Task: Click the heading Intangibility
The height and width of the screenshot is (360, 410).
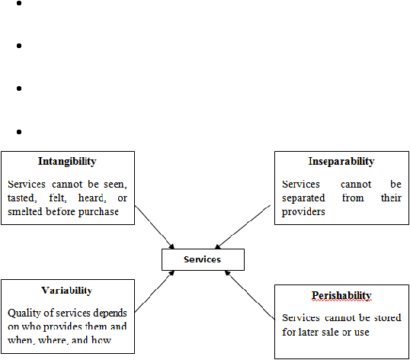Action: coord(67,162)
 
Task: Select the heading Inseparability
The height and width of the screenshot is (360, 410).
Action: coord(341,162)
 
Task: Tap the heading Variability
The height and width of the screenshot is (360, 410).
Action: coord(66,291)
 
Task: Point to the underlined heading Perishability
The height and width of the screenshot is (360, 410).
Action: coord(341,295)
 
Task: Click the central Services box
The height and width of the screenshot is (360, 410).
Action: coord(203,259)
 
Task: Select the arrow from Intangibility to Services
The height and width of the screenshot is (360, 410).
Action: coord(154,227)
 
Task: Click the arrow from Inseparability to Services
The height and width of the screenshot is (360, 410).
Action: coord(242,227)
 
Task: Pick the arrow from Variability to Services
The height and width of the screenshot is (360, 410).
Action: coord(154,291)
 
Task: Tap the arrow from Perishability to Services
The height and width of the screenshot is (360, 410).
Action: coord(250,295)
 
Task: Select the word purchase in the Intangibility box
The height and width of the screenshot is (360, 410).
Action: coord(98,212)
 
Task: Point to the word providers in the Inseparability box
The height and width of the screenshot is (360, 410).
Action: coord(303,212)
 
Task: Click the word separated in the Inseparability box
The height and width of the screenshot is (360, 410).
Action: coord(303,198)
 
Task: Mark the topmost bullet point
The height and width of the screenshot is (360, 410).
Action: coord(19,3)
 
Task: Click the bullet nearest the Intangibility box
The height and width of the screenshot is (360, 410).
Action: coord(19,132)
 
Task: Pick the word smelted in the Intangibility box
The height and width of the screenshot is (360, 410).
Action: coord(25,212)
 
